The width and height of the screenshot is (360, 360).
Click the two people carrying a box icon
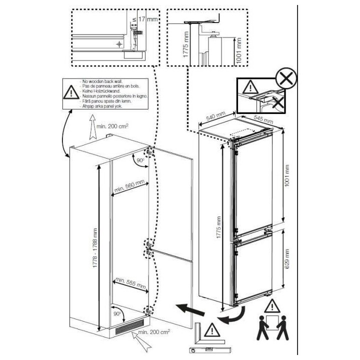tap(272, 328)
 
